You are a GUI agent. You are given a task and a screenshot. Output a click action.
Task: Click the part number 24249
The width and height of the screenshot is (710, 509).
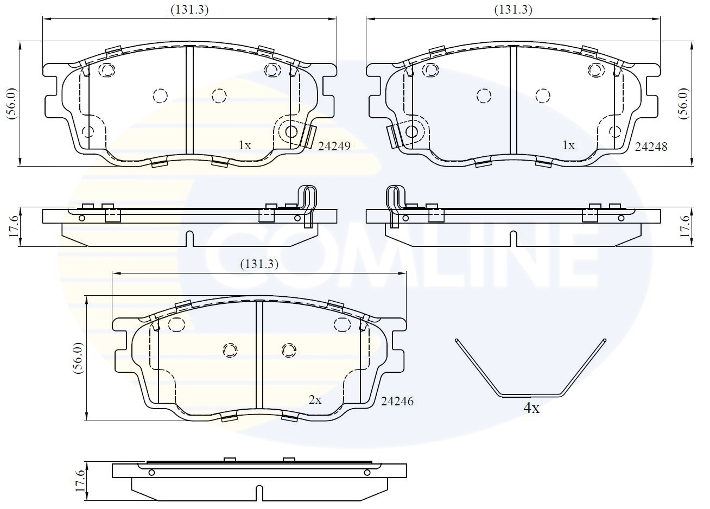pyautogui.click(x=334, y=146)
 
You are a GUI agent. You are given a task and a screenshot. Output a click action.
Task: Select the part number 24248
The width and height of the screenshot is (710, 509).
pyautogui.click(x=651, y=146)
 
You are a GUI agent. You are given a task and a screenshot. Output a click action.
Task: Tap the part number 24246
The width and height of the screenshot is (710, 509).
pyautogui.click(x=397, y=402)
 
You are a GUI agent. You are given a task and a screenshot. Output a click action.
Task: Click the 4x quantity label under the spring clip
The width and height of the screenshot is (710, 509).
pyautogui.click(x=531, y=409)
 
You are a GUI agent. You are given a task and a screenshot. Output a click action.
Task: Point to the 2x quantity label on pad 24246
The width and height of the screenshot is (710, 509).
pyautogui.click(x=315, y=400)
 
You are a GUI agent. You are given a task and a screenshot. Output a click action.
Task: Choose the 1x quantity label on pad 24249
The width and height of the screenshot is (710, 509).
pyautogui.click(x=245, y=145)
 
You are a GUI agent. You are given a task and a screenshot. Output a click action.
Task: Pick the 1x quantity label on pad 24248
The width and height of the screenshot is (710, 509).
pyautogui.click(x=568, y=145)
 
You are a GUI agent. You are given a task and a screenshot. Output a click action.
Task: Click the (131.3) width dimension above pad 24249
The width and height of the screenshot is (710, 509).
pyautogui.click(x=190, y=9)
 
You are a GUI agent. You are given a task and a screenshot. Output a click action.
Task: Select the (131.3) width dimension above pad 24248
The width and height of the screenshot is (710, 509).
pyautogui.click(x=513, y=9)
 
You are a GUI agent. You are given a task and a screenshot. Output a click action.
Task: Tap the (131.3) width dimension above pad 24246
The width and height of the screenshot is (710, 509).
pyautogui.click(x=259, y=264)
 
